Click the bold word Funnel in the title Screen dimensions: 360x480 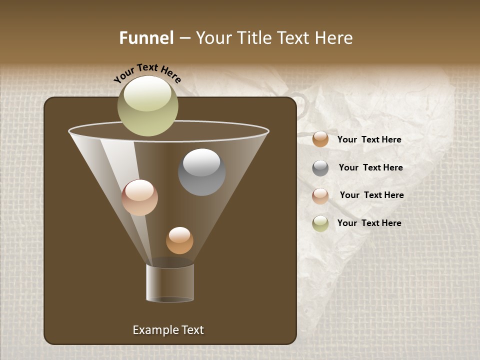click(x=146, y=38)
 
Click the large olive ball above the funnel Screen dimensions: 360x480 click(x=147, y=105)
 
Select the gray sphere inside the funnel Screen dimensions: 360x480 click(x=201, y=172)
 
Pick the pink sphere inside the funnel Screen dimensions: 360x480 click(x=139, y=197)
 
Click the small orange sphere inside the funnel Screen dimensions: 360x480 click(x=179, y=240)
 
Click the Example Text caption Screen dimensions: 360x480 click(x=168, y=330)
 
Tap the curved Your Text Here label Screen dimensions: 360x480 click(x=147, y=73)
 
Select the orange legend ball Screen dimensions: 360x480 click(x=320, y=139)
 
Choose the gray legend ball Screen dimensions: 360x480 click(x=320, y=167)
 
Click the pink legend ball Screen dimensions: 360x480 click(x=320, y=195)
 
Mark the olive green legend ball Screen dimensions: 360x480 click(x=320, y=223)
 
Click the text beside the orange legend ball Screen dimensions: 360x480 click(x=369, y=139)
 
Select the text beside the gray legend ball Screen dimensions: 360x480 click(x=370, y=167)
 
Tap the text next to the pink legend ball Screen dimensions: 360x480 click(x=371, y=195)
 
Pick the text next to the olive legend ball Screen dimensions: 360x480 click(x=369, y=223)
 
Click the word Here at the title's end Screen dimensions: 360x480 click(x=335, y=38)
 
